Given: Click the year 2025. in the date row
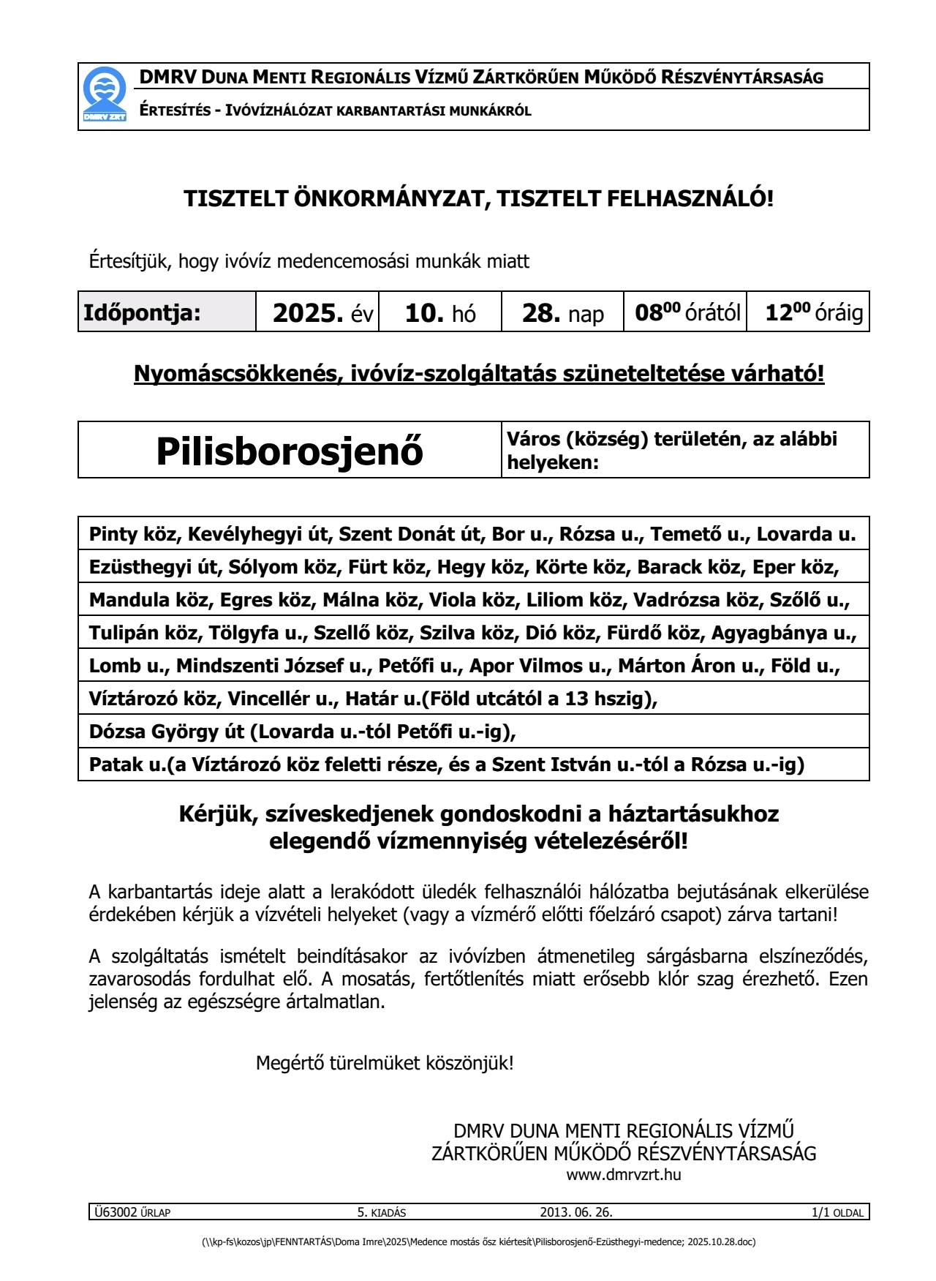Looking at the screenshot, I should [308, 313].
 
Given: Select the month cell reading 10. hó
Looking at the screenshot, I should [439, 313].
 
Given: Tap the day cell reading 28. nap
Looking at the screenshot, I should [562, 313].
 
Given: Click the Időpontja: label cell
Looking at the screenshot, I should [143, 313].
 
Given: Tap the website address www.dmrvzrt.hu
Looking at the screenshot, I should [624, 1175].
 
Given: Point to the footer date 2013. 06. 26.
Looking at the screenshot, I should [576, 1212].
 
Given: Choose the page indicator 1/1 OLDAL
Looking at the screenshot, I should [837, 1212].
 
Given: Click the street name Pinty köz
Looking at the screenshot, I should [134, 534].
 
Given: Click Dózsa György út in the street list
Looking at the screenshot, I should [168, 732].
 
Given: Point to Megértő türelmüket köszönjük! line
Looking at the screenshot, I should [385, 1063].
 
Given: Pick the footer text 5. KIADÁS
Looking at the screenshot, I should [382, 1212].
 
